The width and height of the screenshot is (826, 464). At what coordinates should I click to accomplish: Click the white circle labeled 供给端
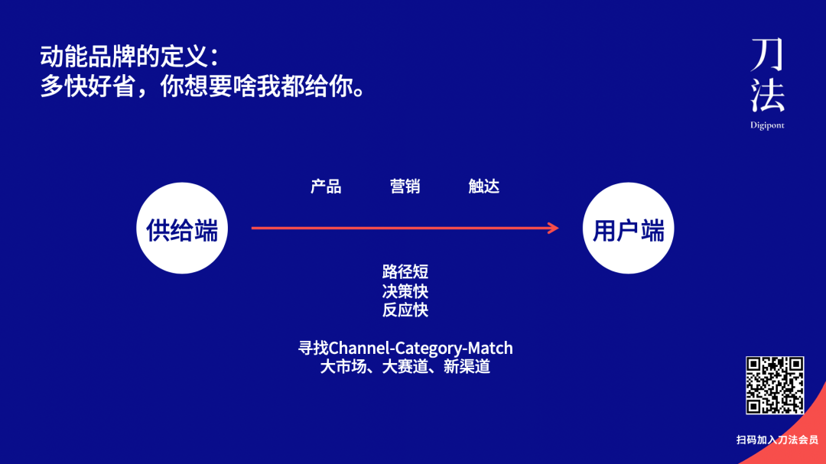click(x=182, y=228)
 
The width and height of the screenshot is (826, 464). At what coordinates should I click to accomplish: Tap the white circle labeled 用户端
click(x=628, y=228)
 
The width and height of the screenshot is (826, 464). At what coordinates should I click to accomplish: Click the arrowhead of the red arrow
click(x=554, y=228)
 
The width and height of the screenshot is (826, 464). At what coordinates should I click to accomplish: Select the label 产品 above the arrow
click(x=326, y=187)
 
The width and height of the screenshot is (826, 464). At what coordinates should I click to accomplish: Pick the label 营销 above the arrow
click(x=405, y=187)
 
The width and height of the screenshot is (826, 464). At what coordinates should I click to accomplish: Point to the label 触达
click(x=483, y=187)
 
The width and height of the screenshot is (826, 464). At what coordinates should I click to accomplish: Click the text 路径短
click(x=405, y=272)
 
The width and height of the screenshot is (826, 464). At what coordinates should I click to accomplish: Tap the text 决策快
click(x=405, y=290)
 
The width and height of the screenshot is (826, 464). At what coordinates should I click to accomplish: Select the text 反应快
click(x=405, y=310)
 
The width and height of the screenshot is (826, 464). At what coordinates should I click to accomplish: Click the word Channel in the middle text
click(x=359, y=348)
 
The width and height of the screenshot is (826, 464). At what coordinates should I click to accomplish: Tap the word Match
click(x=490, y=348)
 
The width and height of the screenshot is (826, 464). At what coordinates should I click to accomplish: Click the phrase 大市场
click(x=343, y=367)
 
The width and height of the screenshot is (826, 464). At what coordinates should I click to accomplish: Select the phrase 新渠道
click(x=467, y=367)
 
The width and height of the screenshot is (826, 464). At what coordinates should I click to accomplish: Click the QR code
click(x=775, y=385)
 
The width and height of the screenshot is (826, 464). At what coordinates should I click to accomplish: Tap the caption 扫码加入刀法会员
click(x=777, y=440)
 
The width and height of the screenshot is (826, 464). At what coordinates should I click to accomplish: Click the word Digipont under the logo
click(x=767, y=125)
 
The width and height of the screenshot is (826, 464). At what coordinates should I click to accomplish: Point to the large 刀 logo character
click(x=768, y=55)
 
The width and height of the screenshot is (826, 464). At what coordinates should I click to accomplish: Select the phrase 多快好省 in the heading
click(x=87, y=86)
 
